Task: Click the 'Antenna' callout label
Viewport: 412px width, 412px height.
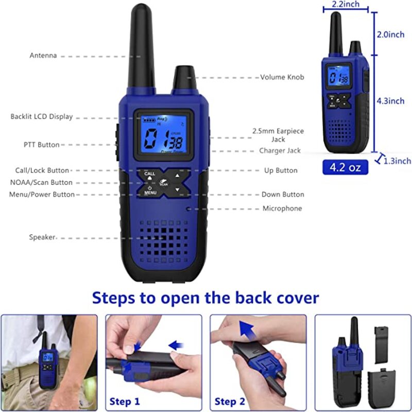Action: tap(43, 56)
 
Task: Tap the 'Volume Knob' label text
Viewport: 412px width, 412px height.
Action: tap(282, 77)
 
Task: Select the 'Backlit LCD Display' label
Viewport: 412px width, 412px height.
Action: tap(42, 117)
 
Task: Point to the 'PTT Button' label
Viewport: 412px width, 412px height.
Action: tap(41, 145)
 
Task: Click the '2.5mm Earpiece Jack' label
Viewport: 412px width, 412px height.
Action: tap(278, 135)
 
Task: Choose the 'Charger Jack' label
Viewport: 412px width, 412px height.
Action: tap(280, 151)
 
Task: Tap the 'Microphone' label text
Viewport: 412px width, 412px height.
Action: tap(282, 209)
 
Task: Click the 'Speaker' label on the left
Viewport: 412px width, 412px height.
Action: tap(42, 237)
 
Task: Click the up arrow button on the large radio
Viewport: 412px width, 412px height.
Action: tap(177, 176)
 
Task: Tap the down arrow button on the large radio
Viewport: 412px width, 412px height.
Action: tap(177, 190)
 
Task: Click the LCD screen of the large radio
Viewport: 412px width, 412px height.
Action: tap(164, 136)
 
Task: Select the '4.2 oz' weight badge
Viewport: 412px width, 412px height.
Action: tap(345, 167)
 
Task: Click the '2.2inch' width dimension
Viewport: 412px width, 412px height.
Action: tap(345, 5)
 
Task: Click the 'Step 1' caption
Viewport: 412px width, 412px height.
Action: tap(125, 401)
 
